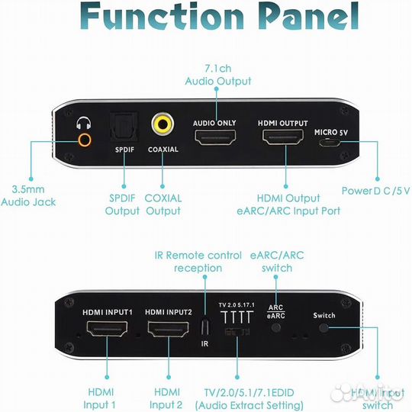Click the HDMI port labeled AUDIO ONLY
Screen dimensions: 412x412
click(215, 138)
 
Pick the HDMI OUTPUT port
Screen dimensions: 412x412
click(283, 138)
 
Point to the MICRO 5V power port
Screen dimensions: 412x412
click(330, 143)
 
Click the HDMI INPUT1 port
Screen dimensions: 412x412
click(107, 330)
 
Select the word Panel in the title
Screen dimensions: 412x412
click(303, 17)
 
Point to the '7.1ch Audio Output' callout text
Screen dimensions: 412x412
click(217, 74)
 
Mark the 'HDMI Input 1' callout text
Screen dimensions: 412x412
click(99, 398)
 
